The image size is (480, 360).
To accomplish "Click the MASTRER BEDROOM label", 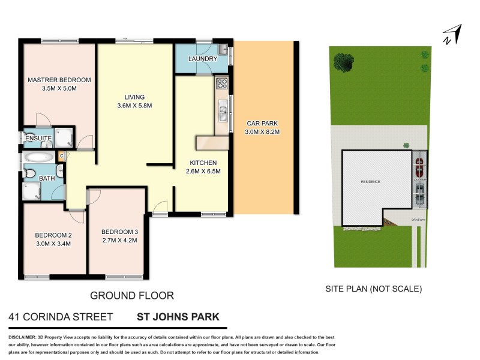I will pyautogui.click(x=59, y=80).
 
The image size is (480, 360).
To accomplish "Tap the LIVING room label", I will pyautogui.click(x=134, y=97).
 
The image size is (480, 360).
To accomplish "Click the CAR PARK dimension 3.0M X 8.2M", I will pyautogui.click(x=261, y=131).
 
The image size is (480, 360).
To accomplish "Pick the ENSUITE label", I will pyautogui.click(x=38, y=139).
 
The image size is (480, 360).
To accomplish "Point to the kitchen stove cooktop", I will pyautogui.click(x=221, y=83).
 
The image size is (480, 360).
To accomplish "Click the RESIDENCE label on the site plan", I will pyautogui.click(x=370, y=181).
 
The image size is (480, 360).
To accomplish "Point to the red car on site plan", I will pyautogui.click(x=419, y=162).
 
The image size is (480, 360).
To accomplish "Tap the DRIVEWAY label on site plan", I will pyautogui.click(x=419, y=220).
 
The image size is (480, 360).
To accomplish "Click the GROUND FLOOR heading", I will pyautogui.click(x=131, y=295).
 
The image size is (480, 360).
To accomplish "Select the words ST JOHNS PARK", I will pyautogui.click(x=178, y=317).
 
